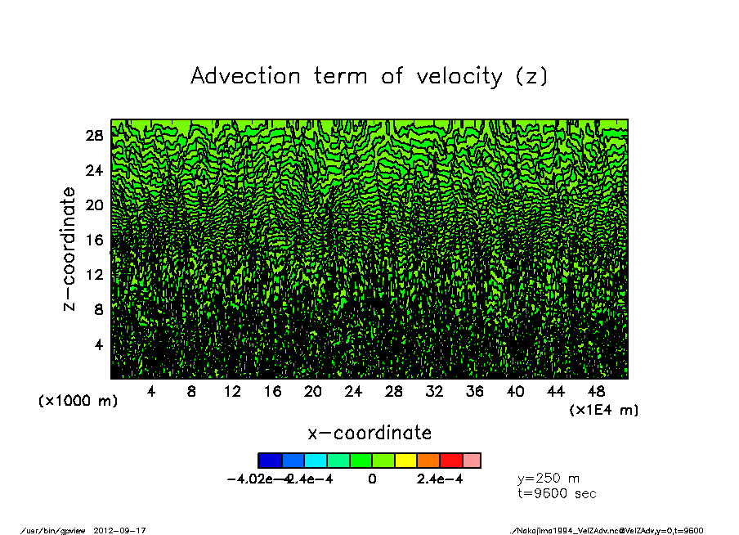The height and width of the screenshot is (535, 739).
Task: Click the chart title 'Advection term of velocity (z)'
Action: tap(369, 76)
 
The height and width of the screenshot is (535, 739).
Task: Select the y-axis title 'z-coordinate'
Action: tap(69, 248)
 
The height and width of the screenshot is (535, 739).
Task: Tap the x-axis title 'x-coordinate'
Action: tap(369, 432)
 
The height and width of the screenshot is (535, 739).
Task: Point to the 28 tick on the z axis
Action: tap(95, 136)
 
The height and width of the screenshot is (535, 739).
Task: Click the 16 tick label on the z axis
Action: tap(95, 240)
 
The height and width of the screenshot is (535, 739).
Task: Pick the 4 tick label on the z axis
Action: tap(99, 344)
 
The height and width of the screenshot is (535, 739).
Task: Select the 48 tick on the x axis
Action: tap(596, 392)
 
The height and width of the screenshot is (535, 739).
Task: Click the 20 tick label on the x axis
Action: tap(312, 392)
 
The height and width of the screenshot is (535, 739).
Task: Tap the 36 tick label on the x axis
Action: tap(475, 392)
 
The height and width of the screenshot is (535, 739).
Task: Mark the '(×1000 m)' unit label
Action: tap(78, 402)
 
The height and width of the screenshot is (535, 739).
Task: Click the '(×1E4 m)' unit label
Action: tap(604, 410)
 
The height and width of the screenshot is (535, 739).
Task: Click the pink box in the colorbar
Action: tap(473, 461)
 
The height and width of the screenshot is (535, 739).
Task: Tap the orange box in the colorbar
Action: tap(428, 461)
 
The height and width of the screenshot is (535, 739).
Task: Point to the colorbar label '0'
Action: tap(372, 479)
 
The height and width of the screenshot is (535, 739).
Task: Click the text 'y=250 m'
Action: tap(549, 479)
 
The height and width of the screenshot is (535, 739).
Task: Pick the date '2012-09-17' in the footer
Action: tap(126, 530)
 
